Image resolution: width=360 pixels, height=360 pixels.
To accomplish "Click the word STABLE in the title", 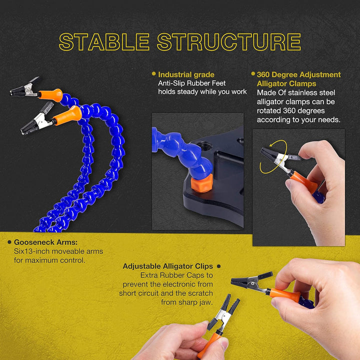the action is [x=104, y=42].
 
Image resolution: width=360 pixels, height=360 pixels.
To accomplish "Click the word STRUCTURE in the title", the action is [x=229, y=42].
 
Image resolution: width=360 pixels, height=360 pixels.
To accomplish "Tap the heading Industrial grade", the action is [x=186, y=74].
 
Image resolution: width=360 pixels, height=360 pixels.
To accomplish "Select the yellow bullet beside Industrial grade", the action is [x=154, y=73].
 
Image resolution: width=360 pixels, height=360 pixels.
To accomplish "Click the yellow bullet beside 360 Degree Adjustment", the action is [x=253, y=73].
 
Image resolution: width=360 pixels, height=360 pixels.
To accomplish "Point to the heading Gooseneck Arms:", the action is [x=45, y=242].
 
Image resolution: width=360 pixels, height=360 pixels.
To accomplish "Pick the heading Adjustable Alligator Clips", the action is [x=168, y=266].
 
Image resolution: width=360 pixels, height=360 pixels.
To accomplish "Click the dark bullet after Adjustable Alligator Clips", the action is [x=219, y=266].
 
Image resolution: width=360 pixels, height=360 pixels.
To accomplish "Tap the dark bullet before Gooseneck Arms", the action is [x=9, y=242].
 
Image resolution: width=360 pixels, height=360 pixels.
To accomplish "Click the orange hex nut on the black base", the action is [x=201, y=183].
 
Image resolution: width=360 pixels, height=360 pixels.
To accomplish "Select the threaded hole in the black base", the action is [x=205, y=145].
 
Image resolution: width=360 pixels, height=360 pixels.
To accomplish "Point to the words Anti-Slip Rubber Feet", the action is [x=192, y=83].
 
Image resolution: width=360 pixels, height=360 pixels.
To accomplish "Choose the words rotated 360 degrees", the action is [x=290, y=110].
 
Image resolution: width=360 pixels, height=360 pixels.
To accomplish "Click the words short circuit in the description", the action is [x=138, y=293].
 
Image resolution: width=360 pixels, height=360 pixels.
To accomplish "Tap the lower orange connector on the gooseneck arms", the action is [x=67, y=115].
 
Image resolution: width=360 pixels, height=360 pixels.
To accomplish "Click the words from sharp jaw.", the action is [x=187, y=302].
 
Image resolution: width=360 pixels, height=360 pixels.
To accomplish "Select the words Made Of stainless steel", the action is [x=296, y=93].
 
